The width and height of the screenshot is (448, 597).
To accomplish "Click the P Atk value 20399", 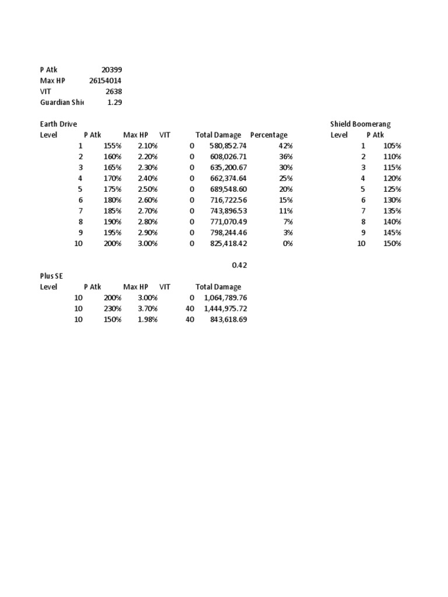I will coord(111,70).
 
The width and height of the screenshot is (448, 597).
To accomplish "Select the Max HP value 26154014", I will coord(106,80).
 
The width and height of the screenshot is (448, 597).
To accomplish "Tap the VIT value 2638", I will coord(114,92).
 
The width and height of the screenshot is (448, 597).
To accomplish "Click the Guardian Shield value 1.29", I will coord(115,103).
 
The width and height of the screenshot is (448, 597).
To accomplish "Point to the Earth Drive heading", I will coord(58,124).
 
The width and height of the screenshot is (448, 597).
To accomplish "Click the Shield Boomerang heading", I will coord(360,124).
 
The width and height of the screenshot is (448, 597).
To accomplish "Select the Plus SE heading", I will coord(51,276).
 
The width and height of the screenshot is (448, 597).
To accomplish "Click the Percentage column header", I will coord(268,135).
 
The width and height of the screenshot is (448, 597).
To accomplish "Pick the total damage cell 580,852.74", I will coord(228,146).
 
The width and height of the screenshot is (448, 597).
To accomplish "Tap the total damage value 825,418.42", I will coord(228,244).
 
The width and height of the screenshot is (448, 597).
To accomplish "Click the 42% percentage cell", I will coord(285,146).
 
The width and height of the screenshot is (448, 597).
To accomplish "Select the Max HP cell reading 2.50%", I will coord(148,189).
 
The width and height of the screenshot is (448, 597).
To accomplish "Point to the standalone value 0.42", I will coord(239,265).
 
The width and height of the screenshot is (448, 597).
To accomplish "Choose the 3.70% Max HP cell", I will coord(148,308).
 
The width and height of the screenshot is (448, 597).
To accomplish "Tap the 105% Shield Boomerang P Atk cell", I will coord(392,146).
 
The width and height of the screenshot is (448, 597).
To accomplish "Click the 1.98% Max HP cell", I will coord(148,319).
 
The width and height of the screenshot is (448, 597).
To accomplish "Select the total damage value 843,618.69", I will coord(228,319).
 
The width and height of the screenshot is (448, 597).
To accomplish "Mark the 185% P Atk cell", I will coord(112,211).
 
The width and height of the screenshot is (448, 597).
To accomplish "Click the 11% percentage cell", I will coord(285,211).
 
